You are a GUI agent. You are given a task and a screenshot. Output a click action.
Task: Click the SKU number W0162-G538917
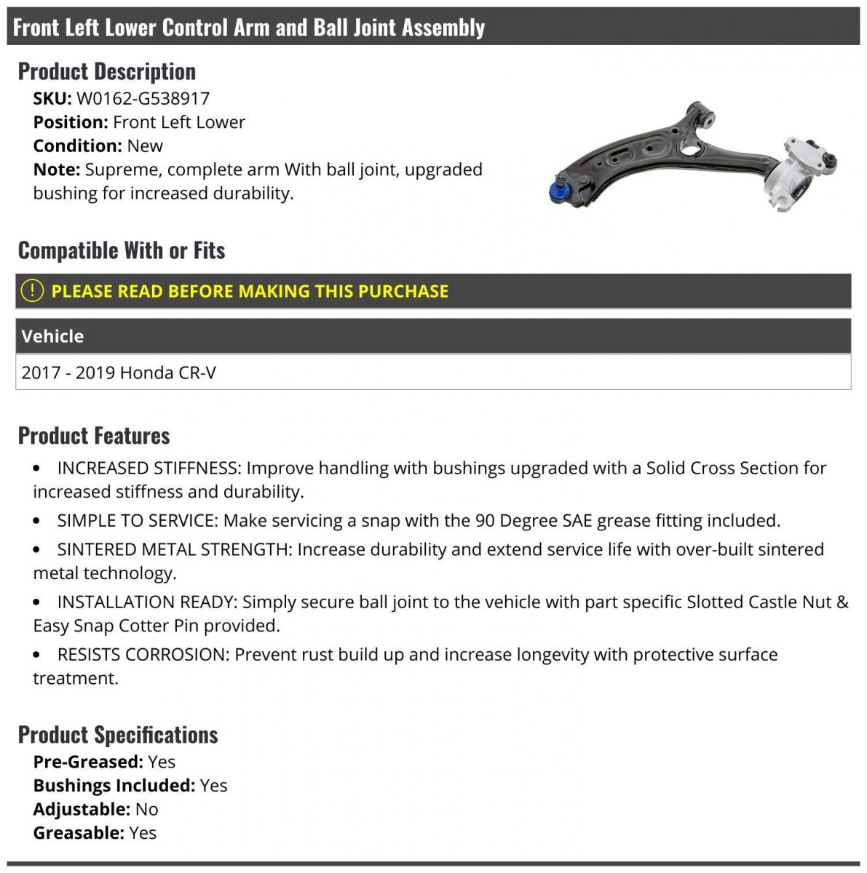pos(143,98)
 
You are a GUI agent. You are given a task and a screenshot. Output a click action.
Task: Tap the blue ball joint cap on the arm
pos(559,191)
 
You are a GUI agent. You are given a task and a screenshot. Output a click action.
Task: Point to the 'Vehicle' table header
pos(52,336)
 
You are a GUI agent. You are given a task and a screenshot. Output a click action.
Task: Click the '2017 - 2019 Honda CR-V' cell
pos(119,372)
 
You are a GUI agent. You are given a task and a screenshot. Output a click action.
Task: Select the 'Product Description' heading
pos(107,71)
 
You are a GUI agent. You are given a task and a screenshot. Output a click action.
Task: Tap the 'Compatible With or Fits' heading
pos(122,250)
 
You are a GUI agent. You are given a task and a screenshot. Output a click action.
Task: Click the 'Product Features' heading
pos(94,436)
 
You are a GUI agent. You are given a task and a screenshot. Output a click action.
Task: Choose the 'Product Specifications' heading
pos(118,735)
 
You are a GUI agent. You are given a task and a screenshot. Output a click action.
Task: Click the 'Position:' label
pos(71,122)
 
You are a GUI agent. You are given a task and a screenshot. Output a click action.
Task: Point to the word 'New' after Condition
pos(145,145)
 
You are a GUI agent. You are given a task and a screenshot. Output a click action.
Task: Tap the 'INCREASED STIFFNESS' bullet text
pos(148,468)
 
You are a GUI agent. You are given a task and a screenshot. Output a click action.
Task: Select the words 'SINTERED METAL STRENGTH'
pos(173,549)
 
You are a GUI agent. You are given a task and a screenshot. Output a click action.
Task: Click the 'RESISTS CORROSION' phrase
pos(143,655)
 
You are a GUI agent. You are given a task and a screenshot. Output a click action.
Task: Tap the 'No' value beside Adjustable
pos(146,809)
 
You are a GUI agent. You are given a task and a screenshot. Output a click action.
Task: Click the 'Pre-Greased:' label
pos(88,762)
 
